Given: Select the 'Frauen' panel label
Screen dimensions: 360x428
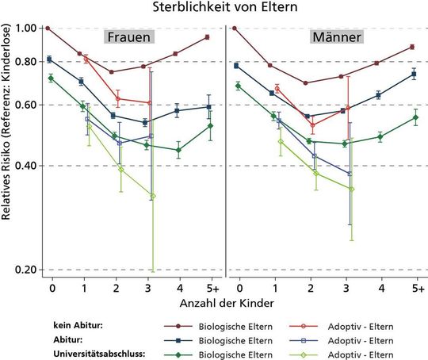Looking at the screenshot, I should pyautogui.click(x=131, y=37).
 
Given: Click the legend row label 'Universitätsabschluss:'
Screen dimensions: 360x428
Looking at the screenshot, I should pyautogui.click(x=90, y=354).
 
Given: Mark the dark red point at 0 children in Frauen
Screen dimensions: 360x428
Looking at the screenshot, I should pyautogui.click(x=48, y=28).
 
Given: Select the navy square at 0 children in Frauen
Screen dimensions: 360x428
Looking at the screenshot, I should pyautogui.click(x=49, y=59).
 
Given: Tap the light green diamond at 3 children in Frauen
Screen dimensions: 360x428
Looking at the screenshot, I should pyautogui.click(x=153, y=196).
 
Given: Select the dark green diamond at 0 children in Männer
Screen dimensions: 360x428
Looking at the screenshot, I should pyautogui.click(x=237, y=86).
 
